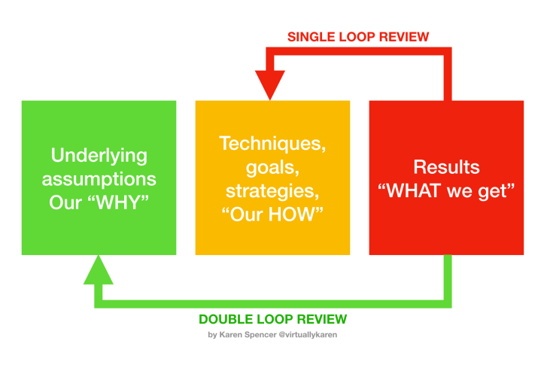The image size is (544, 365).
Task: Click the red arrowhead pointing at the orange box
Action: pos(270,82)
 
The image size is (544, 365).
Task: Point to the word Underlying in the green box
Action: pos(99,157)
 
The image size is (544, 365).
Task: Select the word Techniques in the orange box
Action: pos(272,143)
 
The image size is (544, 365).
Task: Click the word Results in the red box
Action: pos(446,167)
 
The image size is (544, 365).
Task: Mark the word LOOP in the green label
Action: pos(272,319)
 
